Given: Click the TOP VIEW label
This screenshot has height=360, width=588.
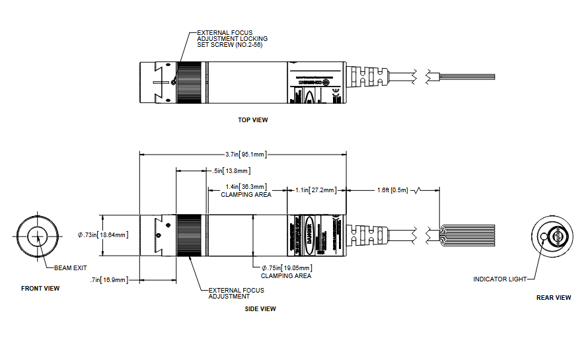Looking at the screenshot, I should point(253,120).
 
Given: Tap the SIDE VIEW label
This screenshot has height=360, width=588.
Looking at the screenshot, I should point(260,308).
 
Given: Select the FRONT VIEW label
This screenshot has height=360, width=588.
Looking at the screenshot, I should point(40,288).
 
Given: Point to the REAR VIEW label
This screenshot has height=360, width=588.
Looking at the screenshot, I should point(554,297).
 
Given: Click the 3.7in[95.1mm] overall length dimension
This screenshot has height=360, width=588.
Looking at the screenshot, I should point(245,155).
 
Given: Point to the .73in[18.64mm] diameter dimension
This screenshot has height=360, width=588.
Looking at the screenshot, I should point(102,234).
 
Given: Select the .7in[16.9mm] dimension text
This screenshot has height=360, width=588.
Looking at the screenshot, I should point(109,279).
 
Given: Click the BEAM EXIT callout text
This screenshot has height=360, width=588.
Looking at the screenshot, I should point(71,268).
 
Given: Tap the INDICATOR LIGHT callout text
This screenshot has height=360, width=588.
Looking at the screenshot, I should point(499,279).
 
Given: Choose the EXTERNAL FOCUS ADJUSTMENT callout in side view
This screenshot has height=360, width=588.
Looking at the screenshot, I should point(236,293).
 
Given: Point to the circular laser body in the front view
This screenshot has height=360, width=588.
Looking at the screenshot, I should point(36,236).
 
